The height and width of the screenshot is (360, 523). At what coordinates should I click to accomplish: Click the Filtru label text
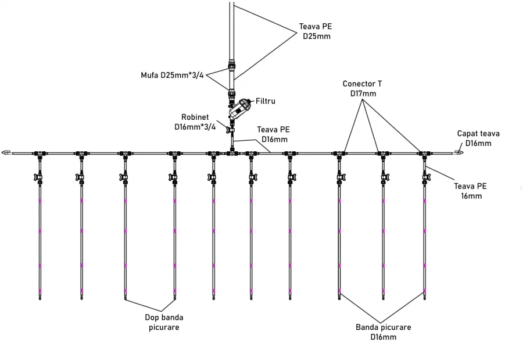click(x=266, y=101)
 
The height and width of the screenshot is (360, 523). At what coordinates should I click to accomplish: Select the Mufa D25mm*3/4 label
click(x=172, y=76)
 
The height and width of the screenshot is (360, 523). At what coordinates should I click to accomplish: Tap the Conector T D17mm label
click(x=363, y=88)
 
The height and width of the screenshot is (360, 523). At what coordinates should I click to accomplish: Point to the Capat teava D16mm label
click(x=478, y=138)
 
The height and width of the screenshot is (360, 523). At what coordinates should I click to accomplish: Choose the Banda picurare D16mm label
click(x=383, y=332)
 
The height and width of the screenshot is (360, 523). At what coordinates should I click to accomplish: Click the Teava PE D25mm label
click(x=316, y=31)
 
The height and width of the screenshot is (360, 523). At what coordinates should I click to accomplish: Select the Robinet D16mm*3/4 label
click(x=195, y=122)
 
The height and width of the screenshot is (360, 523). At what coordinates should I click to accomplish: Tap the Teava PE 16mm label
click(x=470, y=191)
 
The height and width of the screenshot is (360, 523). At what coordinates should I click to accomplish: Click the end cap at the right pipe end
click(x=458, y=153)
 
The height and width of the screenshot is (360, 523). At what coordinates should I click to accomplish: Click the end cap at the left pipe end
click(x=6, y=153)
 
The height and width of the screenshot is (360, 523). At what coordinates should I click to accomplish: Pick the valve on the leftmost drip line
click(x=40, y=176)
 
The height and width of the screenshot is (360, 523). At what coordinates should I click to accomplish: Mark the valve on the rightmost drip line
click(x=425, y=176)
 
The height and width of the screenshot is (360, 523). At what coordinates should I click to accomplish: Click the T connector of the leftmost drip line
click(x=40, y=154)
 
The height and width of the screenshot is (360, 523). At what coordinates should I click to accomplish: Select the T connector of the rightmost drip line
click(x=425, y=154)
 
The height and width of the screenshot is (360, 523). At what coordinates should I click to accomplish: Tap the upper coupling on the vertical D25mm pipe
click(x=232, y=65)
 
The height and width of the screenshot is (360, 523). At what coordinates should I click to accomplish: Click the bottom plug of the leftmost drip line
click(x=40, y=298)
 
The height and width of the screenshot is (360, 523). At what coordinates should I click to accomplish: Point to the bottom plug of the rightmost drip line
click(x=425, y=298)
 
